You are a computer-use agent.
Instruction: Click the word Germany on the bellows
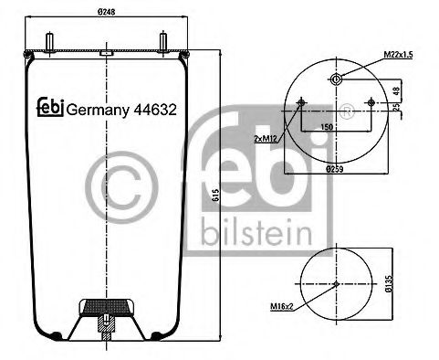point(99,108)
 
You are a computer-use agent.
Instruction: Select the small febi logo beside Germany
point(49,107)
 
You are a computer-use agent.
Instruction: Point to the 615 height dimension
point(213,193)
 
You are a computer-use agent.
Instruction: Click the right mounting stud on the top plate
point(163,43)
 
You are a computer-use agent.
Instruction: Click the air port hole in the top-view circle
point(337,79)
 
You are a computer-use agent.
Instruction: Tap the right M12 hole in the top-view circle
point(371,102)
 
